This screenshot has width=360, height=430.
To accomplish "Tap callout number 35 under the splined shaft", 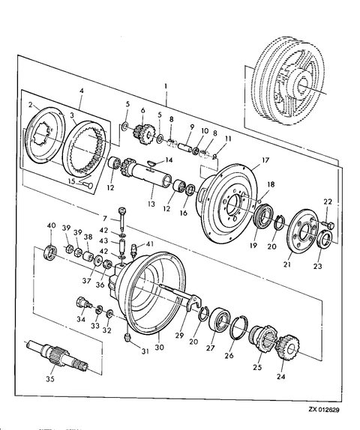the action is (x=50, y=379).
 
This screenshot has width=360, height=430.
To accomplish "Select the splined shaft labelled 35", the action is (x=58, y=355).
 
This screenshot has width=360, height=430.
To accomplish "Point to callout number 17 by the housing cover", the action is (x=265, y=160).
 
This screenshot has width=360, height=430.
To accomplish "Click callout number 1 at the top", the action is (x=166, y=86).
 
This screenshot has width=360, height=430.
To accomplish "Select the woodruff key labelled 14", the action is (x=151, y=164).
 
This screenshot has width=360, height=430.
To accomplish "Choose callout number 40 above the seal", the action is (x=51, y=225).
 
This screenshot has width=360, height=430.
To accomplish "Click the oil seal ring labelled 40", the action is (x=51, y=252).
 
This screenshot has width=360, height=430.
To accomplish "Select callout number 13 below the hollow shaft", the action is (x=151, y=204).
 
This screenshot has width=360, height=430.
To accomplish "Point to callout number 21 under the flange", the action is (x=287, y=264).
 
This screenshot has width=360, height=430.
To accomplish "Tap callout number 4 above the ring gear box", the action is (x=82, y=91).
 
